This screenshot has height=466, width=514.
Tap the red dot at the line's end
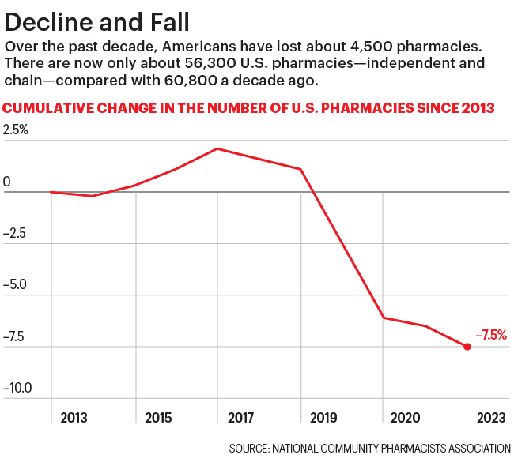467,347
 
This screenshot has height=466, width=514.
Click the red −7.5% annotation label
491,335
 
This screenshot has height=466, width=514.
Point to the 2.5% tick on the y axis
15,130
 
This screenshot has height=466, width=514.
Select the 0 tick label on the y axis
7,182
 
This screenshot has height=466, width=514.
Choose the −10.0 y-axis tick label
19,389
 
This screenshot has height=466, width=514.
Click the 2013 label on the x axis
74,416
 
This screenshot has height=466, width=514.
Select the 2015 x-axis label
158,416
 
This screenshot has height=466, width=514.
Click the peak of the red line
217,148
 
